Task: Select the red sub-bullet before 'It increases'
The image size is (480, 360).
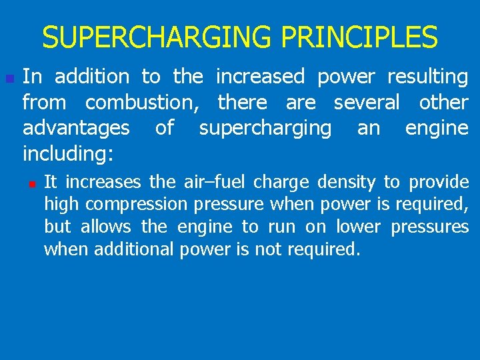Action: click(31, 182)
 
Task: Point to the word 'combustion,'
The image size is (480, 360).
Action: click(147, 103)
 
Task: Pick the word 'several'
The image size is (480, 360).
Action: click(367, 103)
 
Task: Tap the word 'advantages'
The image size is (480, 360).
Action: click(76, 129)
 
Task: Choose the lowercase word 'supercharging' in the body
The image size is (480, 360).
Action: click(265, 129)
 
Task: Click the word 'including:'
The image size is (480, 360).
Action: click(68, 155)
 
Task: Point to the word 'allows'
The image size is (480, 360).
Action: click(106, 227)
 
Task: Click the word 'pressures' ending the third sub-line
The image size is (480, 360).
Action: click(430, 227)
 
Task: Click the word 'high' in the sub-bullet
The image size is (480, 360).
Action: click(59, 204)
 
